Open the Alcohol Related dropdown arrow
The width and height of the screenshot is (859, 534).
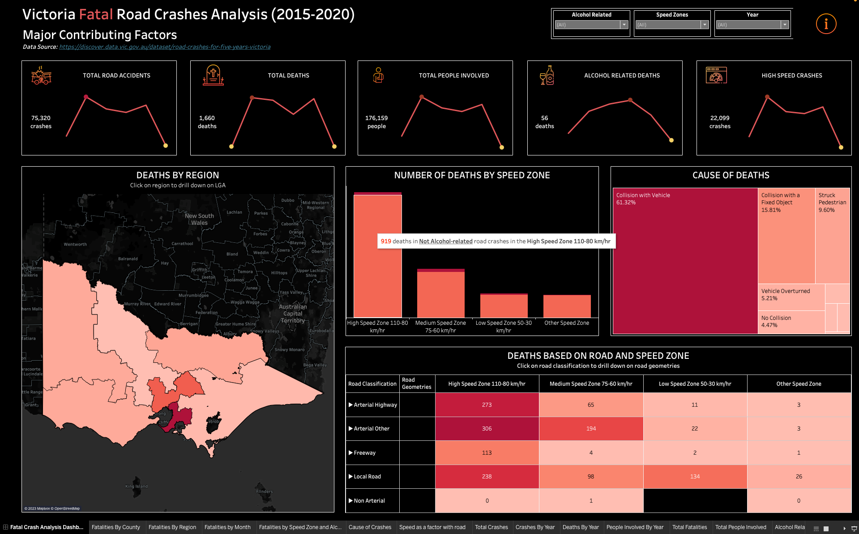click(x=624, y=25)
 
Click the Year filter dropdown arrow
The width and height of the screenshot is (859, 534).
click(x=785, y=25)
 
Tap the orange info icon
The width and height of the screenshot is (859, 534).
click(x=826, y=24)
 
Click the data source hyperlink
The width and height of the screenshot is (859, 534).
click(x=165, y=47)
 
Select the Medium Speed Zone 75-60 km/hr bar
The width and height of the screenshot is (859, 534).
click(x=440, y=293)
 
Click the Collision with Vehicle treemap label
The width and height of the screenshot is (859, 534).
click(x=643, y=195)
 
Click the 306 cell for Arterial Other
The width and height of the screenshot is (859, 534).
click(x=487, y=429)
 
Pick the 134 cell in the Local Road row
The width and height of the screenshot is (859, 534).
click(x=695, y=477)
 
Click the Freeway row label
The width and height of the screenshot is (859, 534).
click(x=364, y=453)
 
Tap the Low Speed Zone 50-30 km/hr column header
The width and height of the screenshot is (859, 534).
click(x=695, y=384)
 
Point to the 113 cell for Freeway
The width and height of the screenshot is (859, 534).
click(x=487, y=453)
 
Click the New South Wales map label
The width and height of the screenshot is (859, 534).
click(x=199, y=219)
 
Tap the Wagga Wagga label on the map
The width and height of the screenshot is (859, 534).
click(x=245, y=302)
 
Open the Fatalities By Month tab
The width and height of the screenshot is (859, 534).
click(x=227, y=527)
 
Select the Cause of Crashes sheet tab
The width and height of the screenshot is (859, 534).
click(x=370, y=527)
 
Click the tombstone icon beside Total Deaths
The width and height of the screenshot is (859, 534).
click(x=213, y=75)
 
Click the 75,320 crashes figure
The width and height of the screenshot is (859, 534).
click(x=41, y=122)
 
